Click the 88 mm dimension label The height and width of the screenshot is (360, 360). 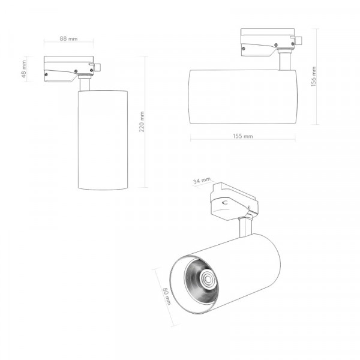pos(68,38)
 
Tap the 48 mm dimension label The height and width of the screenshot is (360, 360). pos(24,69)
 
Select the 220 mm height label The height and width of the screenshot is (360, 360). pos(142,122)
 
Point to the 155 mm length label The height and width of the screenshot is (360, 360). pos(243,136)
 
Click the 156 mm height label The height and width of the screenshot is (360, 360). pos(314,76)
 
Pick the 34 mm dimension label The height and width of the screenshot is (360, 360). pos(202,181)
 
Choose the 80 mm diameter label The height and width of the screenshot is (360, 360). pos(167,296)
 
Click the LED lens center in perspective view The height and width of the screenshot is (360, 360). pos(208,279)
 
